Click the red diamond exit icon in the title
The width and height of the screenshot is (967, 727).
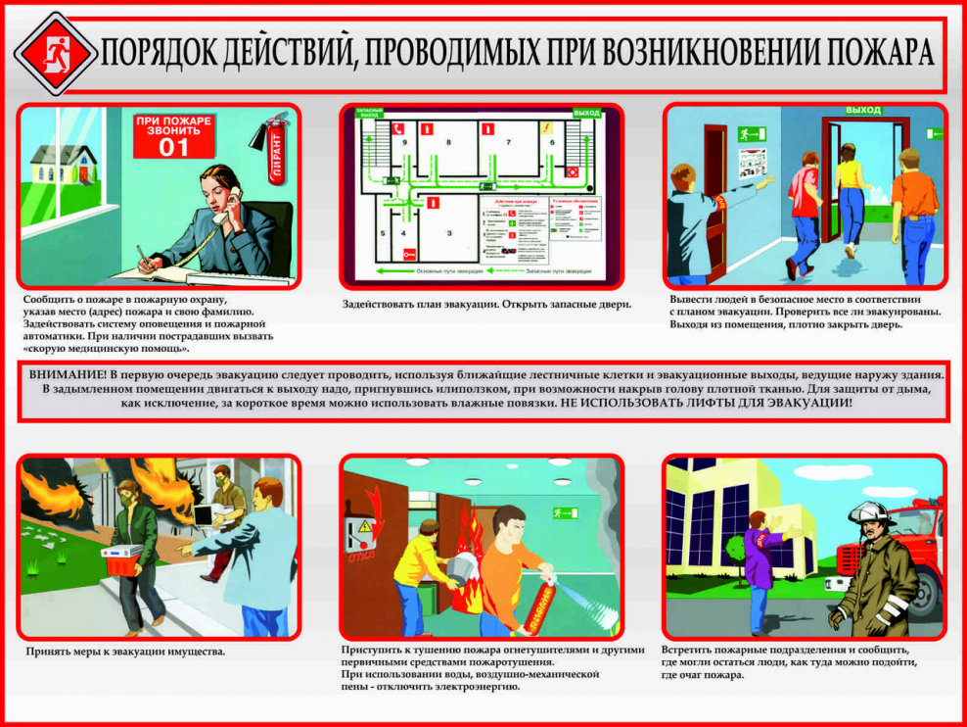(x=56, y=53)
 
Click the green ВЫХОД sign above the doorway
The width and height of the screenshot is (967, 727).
(x=863, y=111)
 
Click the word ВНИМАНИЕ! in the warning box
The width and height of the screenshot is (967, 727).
(x=67, y=375)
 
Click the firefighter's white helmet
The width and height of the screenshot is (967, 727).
(x=869, y=512)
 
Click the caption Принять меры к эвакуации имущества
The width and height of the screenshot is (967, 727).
(x=124, y=651)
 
